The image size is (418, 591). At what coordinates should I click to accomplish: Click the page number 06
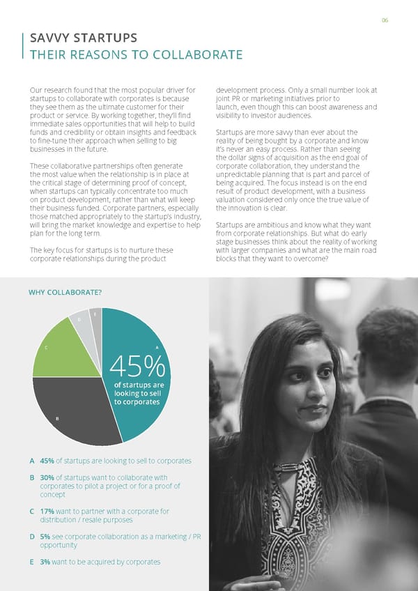pyautogui.click(x=384, y=20)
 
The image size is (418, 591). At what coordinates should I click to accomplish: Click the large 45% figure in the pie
pyautogui.click(x=138, y=364)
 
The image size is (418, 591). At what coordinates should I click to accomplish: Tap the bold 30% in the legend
pyautogui.click(x=48, y=477)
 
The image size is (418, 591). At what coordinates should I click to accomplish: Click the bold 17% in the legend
pyautogui.click(x=47, y=511)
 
